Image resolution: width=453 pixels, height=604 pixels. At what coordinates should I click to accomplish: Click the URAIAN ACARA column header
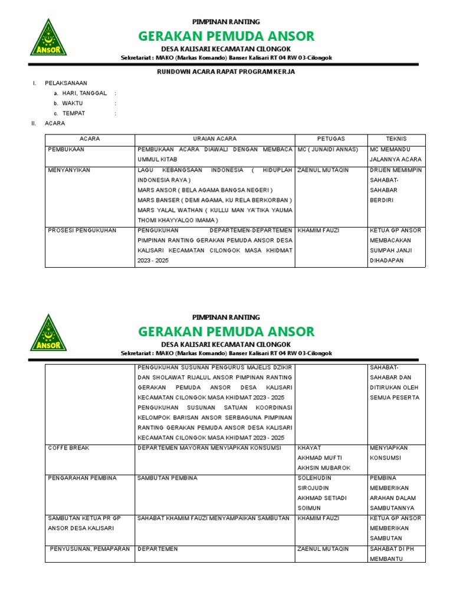tap(215, 139)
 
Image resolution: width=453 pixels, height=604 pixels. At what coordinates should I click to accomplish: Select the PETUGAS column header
tap(331, 139)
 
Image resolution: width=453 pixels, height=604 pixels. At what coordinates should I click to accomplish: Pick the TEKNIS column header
tap(396, 139)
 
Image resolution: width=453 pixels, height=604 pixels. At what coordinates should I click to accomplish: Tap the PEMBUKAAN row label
tap(65, 150)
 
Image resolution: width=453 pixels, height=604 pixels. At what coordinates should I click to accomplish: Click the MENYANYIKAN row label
tap(69, 170)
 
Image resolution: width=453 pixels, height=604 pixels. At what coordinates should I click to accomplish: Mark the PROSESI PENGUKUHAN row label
tap(82, 231)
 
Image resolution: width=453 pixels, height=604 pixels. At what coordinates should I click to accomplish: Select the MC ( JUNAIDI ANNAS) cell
tap(329, 150)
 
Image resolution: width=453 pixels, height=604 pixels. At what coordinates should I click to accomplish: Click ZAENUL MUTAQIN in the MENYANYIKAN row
tap(323, 170)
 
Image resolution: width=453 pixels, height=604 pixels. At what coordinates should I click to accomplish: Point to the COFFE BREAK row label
tap(68, 448)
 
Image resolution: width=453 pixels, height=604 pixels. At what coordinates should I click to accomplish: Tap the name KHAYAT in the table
tap(310, 448)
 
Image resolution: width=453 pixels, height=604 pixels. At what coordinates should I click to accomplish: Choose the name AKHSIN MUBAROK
tap(324, 468)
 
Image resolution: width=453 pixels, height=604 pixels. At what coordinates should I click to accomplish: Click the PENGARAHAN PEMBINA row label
tap(82, 478)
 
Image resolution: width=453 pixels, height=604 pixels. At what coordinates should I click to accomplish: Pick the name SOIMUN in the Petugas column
tap(310, 508)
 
